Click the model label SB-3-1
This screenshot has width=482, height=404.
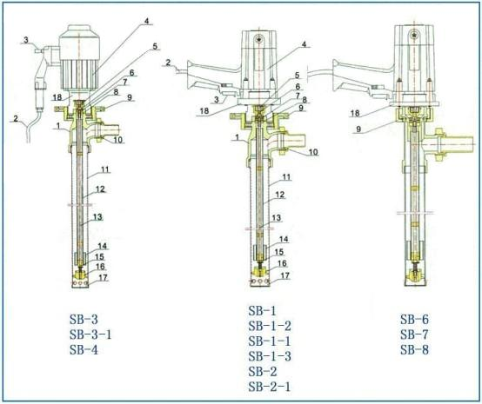90,334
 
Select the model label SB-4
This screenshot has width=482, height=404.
84,349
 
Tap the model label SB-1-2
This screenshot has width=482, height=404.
270,326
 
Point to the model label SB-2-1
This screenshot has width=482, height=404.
270,387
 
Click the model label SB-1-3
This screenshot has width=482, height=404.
270,356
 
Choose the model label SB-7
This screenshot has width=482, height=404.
414,334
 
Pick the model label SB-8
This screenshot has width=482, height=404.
414,349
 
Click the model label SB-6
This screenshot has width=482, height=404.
414,319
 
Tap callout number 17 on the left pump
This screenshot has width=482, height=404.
103,277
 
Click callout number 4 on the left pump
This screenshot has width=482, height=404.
147,21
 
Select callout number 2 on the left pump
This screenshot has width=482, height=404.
16,118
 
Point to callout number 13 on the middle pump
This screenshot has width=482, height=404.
277,218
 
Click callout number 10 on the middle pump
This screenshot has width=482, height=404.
313,152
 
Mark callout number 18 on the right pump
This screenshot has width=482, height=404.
355,113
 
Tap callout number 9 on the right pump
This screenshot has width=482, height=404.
358,129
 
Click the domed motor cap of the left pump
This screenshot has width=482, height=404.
80,31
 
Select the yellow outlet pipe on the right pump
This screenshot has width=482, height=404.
453,144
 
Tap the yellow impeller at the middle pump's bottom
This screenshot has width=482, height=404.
261,272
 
